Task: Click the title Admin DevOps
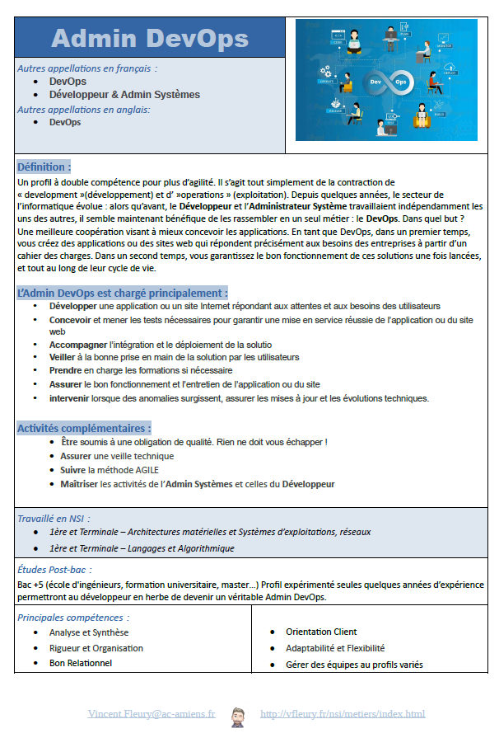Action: [149, 38]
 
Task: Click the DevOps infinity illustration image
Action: [386, 79]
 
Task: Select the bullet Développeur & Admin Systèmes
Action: [124, 95]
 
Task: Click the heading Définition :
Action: [44, 167]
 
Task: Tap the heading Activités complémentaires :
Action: [84, 428]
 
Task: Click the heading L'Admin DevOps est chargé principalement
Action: [122, 293]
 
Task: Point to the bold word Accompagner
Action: [77, 345]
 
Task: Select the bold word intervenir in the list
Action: [70, 398]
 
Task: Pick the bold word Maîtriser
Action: [79, 484]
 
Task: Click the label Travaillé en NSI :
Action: [54, 519]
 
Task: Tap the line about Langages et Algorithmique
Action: [142, 548]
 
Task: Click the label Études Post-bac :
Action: [54, 569]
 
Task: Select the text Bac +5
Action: [31, 584]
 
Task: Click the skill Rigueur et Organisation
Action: [96, 648]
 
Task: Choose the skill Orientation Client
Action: [321, 632]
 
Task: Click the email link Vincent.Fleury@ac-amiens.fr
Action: [152, 713]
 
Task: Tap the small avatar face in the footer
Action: [238, 714]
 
